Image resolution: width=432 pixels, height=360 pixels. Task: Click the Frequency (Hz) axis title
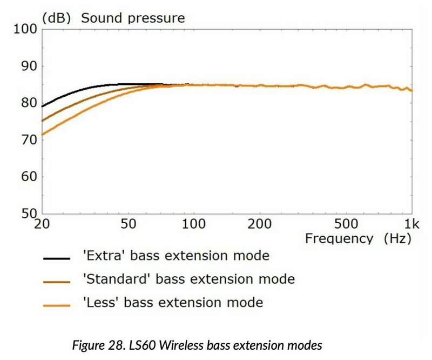(357, 238)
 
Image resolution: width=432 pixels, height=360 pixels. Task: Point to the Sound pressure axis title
(133, 18)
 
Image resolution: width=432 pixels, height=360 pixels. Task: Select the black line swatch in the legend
(57, 259)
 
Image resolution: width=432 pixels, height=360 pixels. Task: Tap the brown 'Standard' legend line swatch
(57, 282)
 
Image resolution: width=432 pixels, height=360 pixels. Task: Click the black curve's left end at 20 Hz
(43, 106)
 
